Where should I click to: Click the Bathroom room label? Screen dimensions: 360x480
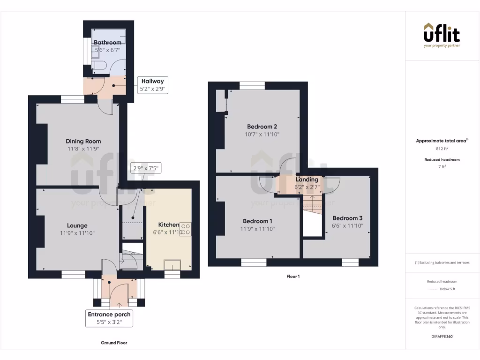click(107, 43)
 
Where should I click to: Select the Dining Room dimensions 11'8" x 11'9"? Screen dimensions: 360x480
click(83, 149)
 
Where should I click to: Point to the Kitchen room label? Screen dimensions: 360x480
click(168, 225)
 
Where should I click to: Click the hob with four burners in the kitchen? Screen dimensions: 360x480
click(186, 229)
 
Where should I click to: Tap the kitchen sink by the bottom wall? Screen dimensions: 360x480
click(172, 265)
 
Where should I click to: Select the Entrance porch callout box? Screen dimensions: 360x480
click(109, 318)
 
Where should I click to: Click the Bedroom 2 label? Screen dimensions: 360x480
click(262, 127)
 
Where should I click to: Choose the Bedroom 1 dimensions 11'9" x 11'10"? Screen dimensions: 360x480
click(258, 229)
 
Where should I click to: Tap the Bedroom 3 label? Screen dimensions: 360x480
click(347, 218)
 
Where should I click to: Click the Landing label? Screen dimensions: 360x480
click(307, 180)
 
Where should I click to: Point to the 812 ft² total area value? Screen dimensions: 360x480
click(442, 149)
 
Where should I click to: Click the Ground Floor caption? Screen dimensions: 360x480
click(114, 343)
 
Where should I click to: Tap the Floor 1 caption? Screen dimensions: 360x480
click(293, 277)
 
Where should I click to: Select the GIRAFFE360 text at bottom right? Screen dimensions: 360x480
click(442, 336)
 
